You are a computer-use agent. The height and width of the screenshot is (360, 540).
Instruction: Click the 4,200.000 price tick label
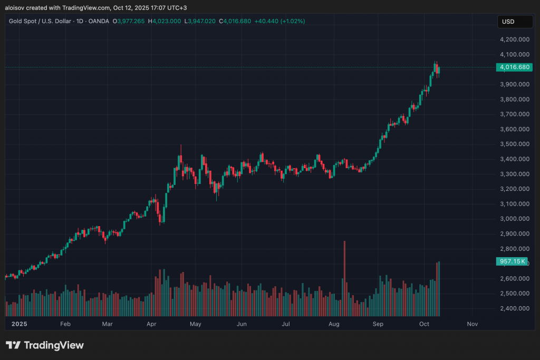(515, 40)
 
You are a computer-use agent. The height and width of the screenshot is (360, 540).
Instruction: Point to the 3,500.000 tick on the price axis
(515, 144)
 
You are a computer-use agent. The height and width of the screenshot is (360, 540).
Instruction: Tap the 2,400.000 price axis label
(515, 308)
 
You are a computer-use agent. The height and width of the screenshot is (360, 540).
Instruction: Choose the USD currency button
(508, 22)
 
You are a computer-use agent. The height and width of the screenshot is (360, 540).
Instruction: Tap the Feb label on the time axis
(65, 325)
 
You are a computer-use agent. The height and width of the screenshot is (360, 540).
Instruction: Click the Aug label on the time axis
(333, 325)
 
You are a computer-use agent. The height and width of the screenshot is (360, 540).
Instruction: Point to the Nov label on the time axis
(472, 325)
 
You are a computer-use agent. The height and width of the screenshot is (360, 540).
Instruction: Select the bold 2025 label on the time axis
(19, 325)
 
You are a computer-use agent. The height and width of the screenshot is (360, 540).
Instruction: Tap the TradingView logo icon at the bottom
(14, 345)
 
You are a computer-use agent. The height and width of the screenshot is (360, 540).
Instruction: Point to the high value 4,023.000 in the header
(167, 21)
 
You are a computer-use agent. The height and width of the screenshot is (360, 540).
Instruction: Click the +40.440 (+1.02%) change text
(279, 21)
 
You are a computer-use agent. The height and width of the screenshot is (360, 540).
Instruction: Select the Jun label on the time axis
(242, 325)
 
